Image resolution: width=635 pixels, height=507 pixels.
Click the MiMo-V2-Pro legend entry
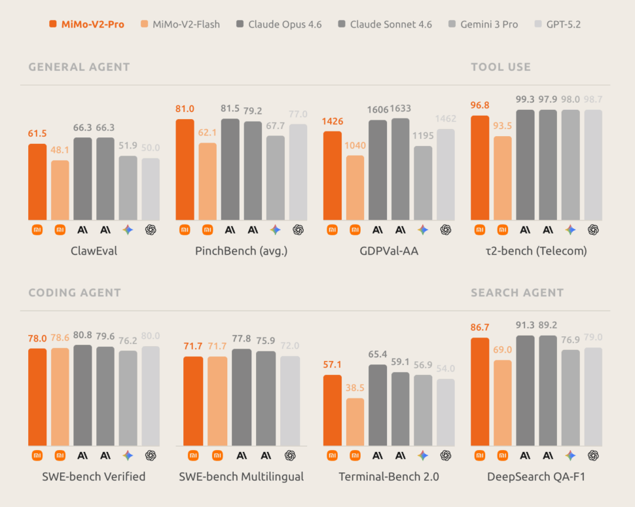pyautogui.click(x=86, y=24)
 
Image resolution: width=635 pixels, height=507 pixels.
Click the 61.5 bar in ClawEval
pyautogui.click(x=37, y=182)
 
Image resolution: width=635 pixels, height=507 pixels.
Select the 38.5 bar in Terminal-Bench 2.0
pyautogui.click(x=355, y=422)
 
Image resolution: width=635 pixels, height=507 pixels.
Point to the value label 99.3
pyautogui.click(x=526, y=99)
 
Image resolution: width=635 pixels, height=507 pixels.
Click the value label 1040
pyautogui.click(x=355, y=145)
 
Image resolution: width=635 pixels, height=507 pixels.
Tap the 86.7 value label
pyautogui.click(x=479, y=328)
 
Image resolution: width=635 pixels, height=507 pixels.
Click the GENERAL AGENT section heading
pyautogui.click(x=79, y=67)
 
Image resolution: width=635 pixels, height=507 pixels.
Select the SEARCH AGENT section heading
pyautogui.click(x=517, y=292)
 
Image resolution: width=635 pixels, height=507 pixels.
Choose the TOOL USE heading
pyautogui.click(x=500, y=67)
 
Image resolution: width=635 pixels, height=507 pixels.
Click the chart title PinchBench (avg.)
pyautogui.click(x=241, y=251)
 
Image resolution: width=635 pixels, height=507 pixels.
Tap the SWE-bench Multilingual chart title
pyautogui.click(x=241, y=477)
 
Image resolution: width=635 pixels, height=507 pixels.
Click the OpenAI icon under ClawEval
pyautogui.click(x=151, y=230)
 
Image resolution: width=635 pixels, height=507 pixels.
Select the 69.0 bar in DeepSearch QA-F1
pyautogui.click(x=503, y=403)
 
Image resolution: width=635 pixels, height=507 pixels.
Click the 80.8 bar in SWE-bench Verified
pyautogui.click(x=82, y=395)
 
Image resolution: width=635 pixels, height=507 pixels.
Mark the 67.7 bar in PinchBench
pyautogui.click(x=275, y=177)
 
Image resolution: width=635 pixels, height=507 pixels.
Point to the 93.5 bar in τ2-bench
pyautogui.click(x=503, y=177)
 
